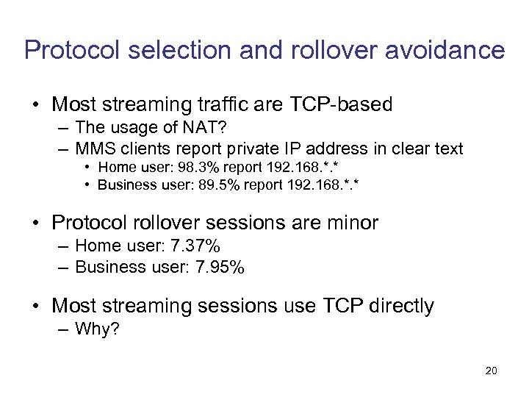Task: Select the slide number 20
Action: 491,371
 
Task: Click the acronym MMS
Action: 94,149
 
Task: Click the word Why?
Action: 98,329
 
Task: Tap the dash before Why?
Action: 64,329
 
